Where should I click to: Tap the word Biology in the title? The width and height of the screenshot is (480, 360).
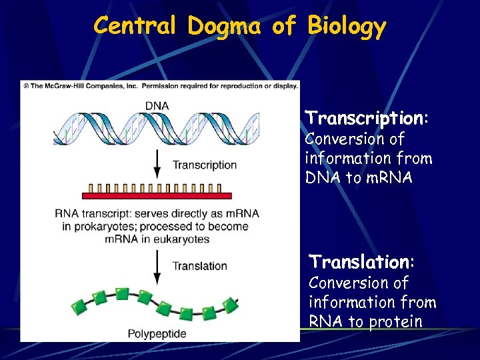[346, 26]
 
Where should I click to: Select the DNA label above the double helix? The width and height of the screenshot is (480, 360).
[157, 105]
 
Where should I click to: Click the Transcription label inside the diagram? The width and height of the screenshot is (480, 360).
[204, 165]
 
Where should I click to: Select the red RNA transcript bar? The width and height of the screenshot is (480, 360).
[157, 195]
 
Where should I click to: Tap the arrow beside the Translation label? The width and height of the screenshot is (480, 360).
[157, 266]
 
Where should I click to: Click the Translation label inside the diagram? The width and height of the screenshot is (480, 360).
[200, 266]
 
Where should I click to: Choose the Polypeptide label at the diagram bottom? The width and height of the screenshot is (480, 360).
[157, 333]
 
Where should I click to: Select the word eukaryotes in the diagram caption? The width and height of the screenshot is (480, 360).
[177, 239]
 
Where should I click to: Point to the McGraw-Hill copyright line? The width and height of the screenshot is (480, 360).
[160, 85]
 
